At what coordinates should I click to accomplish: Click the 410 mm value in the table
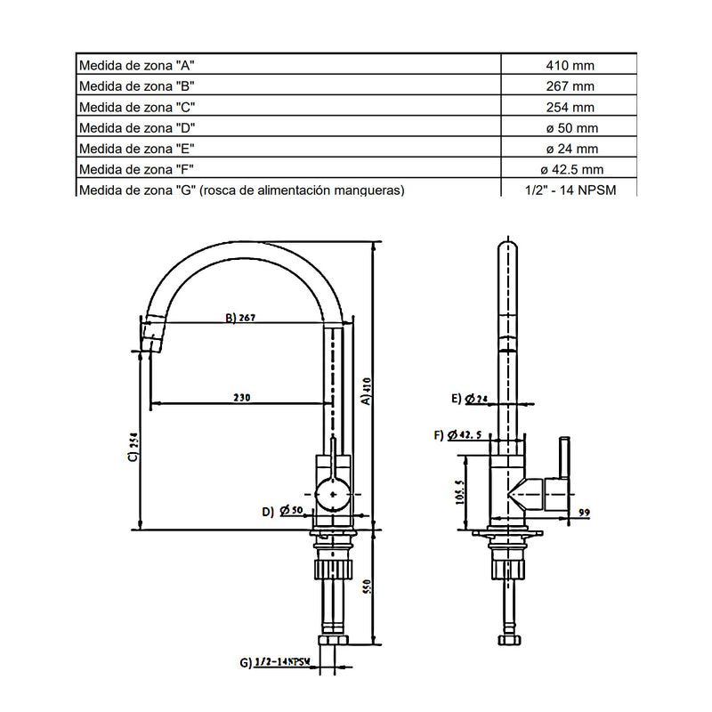point(570,65)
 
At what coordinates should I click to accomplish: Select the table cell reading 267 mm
point(570,86)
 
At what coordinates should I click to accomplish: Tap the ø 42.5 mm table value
point(571,170)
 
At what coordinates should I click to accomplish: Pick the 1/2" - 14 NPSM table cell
point(570,190)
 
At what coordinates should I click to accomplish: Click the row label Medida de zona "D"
point(137,128)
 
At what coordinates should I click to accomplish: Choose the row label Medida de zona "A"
point(136,65)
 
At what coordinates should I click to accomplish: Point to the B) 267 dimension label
point(240,318)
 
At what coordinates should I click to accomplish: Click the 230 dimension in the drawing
point(241,398)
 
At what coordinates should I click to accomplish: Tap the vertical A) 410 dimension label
point(367,391)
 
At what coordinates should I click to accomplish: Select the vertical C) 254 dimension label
point(133,447)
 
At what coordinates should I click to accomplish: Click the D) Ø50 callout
point(282,511)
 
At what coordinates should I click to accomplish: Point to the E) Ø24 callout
point(470,399)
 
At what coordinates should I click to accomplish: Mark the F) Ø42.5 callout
point(457,435)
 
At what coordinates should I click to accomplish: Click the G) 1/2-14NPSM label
point(275,662)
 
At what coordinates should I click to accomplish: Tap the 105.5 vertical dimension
point(459,492)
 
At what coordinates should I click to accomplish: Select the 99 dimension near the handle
point(584,513)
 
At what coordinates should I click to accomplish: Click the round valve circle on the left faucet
point(333,495)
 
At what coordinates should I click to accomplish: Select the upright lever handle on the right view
point(564,457)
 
